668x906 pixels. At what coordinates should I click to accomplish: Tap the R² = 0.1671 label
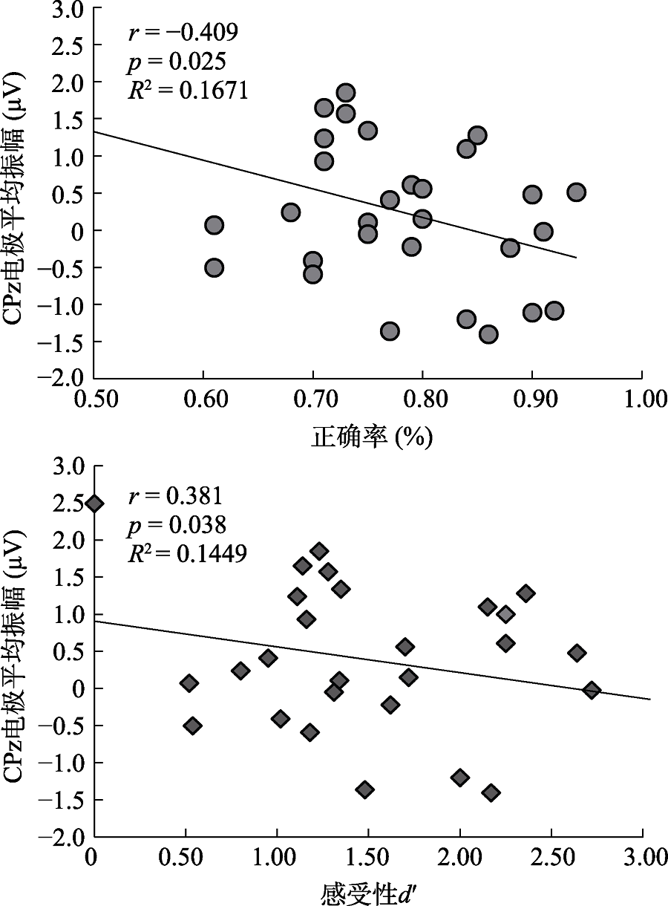click(x=189, y=88)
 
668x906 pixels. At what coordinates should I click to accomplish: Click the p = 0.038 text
click(x=176, y=525)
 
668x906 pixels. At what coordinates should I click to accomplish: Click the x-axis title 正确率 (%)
click(x=371, y=437)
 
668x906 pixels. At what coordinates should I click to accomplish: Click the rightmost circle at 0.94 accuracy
click(x=576, y=192)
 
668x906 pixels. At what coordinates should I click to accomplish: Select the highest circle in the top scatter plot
click(x=345, y=93)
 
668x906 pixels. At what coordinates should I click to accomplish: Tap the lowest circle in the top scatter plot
click(x=488, y=334)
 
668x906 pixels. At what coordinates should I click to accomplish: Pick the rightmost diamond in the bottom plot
click(x=592, y=690)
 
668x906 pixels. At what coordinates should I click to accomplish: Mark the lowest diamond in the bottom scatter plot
click(x=491, y=792)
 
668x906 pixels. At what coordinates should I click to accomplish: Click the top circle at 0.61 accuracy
click(x=214, y=225)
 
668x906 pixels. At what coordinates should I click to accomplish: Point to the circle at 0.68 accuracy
click(x=291, y=212)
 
